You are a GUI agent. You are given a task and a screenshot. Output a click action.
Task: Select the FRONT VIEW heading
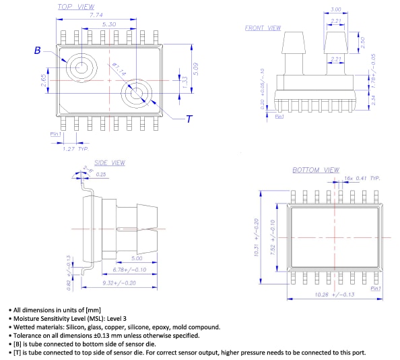[x=263, y=28]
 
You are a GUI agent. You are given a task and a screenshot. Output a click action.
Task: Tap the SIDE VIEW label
[x=110, y=163]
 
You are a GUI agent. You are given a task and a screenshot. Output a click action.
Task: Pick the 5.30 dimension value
[x=108, y=24]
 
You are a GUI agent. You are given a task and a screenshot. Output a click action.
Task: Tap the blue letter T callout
[x=189, y=119]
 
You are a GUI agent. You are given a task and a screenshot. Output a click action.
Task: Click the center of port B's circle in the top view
[x=82, y=67]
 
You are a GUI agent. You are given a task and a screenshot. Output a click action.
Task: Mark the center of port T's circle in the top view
[x=136, y=93]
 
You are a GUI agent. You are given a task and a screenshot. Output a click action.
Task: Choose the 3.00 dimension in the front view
[x=335, y=9]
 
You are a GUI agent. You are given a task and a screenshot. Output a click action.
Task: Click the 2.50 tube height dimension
[x=364, y=42]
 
